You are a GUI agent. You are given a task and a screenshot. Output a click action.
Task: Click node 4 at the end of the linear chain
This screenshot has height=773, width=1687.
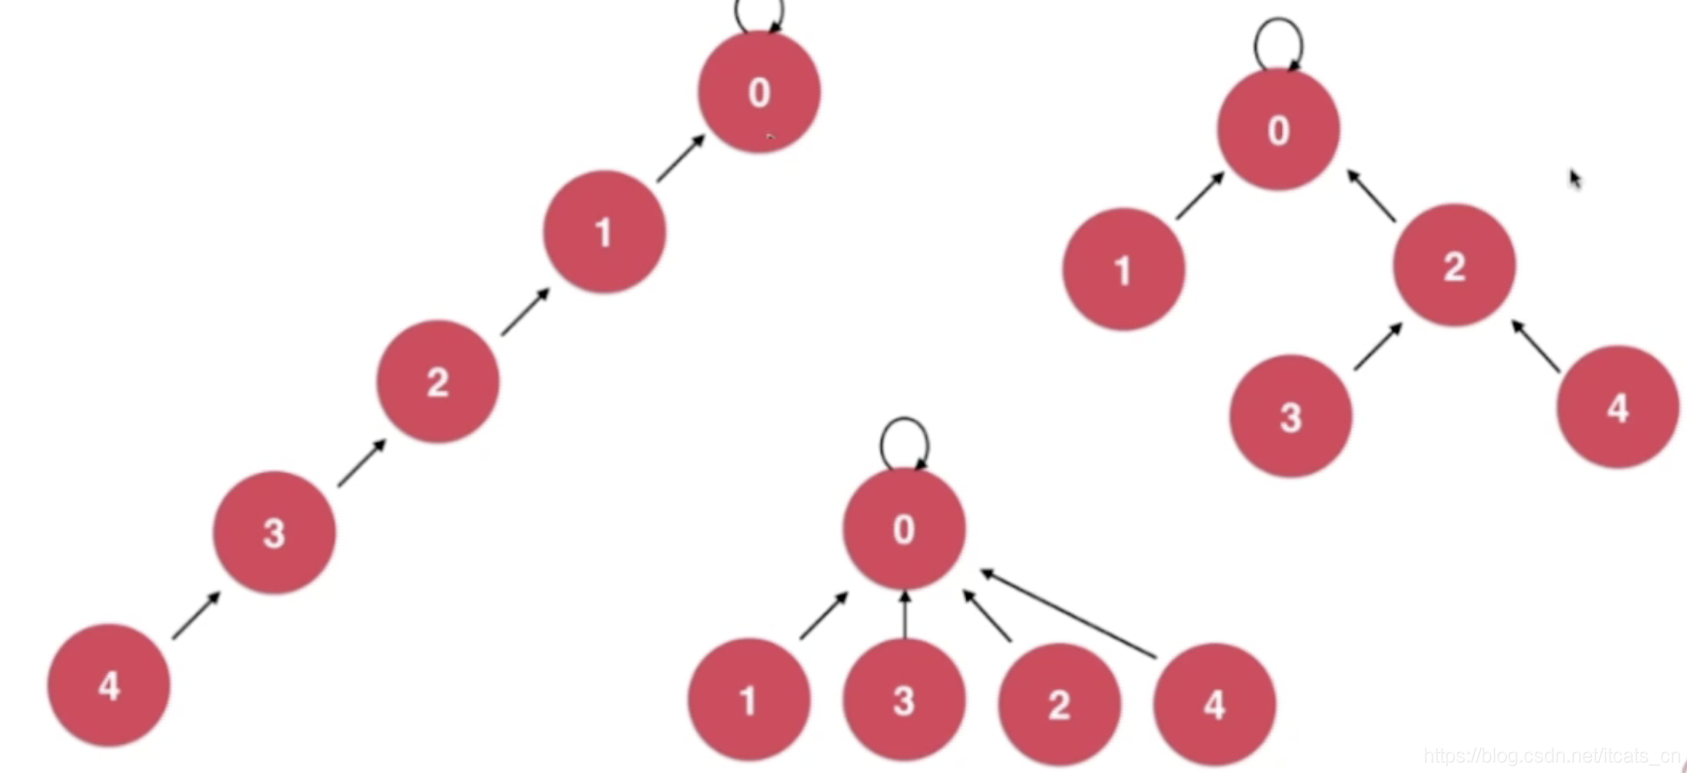[109, 685]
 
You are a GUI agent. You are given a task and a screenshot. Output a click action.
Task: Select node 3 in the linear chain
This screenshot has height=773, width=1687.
[275, 532]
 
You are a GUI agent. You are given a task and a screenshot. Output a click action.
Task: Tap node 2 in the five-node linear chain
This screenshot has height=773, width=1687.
[438, 381]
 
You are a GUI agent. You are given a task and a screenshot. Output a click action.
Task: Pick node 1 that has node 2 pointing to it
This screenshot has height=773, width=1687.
[605, 232]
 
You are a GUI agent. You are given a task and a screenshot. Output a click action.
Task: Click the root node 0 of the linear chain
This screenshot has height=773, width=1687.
[759, 92]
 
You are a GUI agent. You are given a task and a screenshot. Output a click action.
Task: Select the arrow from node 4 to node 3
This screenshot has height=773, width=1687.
[196, 616]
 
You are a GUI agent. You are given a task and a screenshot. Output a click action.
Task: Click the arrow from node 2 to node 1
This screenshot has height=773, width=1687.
[525, 312]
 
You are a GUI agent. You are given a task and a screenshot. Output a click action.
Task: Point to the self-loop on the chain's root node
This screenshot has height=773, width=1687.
[760, 13]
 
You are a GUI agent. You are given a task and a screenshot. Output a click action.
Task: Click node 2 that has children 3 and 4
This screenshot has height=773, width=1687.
[1454, 265]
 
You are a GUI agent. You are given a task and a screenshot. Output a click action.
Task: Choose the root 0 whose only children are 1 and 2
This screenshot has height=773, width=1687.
[1279, 130]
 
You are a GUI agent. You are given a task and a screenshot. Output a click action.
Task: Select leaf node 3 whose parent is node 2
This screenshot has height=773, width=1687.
[1290, 416]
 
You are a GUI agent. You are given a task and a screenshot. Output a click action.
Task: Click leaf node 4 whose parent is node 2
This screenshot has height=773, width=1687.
[1618, 407]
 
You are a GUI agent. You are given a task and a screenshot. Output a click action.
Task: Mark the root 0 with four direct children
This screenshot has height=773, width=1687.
[904, 528]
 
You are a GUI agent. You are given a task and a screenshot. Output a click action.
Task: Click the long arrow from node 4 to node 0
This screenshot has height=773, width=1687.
[1068, 614]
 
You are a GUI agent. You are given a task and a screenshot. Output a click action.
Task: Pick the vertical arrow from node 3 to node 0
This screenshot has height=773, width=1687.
[905, 615]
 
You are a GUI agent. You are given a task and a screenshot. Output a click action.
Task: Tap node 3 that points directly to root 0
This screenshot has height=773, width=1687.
[904, 700]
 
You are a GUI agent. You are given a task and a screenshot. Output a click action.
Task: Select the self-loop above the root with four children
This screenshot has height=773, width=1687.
[904, 443]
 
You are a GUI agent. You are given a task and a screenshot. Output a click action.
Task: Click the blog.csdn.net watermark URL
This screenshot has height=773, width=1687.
[1551, 755]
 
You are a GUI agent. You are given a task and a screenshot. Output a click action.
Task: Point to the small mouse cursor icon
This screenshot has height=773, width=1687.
[1575, 179]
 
